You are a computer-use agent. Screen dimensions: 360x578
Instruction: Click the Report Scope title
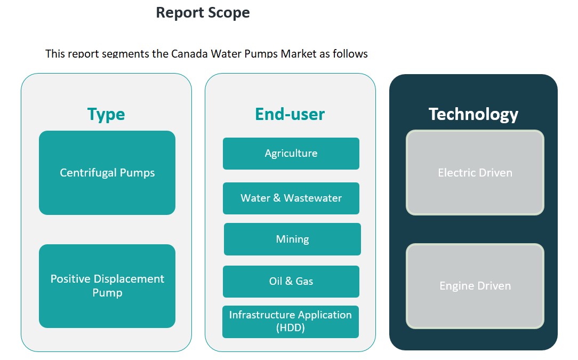pyautogui.click(x=203, y=12)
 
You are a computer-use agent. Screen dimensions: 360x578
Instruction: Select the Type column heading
pyautogui.click(x=106, y=114)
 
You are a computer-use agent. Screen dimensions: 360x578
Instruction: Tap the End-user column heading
pyautogui.click(x=290, y=114)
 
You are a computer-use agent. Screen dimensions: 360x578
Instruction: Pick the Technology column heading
pyautogui.click(x=473, y=114)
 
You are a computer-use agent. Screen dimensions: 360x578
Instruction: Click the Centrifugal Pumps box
pyautogui.click(x=107, y=173)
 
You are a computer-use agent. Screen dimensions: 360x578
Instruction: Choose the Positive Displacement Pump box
pyautogui.click(x=107, y=286)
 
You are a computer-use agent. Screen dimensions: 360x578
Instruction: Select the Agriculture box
pyautogui.click(x=291, y=154)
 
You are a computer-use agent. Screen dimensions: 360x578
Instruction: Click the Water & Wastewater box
pyautogui.click(x=291, y=198)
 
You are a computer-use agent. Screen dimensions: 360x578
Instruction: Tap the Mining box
pyautogui.click(x=292, y=239)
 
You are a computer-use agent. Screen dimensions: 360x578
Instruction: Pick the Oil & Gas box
pyautogui.click(x=291, y=281)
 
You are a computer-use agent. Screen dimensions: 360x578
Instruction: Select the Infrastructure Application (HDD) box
pyautogui.click(x=291, y=322)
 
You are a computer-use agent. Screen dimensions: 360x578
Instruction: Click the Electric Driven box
pyautogui.click(x=475, y=173)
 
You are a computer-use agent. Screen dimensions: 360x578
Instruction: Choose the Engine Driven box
pyautogui.click(x=475, y=286)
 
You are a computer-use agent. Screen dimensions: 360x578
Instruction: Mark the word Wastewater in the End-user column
pyautogui.click(x=313, y=198)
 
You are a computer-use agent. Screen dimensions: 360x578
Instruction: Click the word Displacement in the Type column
pyautogui.click(x=129, y=279)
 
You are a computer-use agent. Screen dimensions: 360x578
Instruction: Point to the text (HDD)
pyautogui.click(x=291, y=328)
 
